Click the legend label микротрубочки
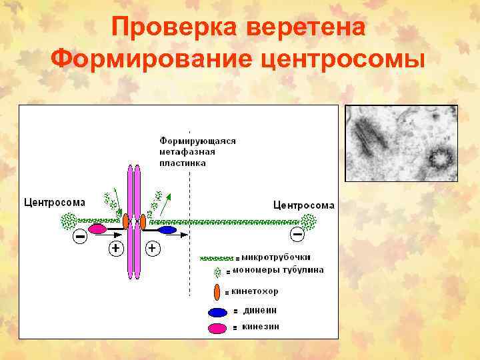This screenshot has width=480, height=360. point(276,257)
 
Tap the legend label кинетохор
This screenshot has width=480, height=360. point(255,291)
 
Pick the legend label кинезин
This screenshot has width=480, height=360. point(261,327)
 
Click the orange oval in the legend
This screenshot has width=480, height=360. point(217,291)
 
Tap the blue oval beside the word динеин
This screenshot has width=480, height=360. point(217,311)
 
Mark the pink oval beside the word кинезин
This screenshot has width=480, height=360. point(217,327)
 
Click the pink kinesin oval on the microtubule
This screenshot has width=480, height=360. point(98,229)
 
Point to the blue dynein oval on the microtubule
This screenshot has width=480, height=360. point(167,230)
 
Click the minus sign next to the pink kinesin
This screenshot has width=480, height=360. point(79,236)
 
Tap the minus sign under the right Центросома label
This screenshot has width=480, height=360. point(297,234)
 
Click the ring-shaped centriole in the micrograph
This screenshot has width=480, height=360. point(441,159)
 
